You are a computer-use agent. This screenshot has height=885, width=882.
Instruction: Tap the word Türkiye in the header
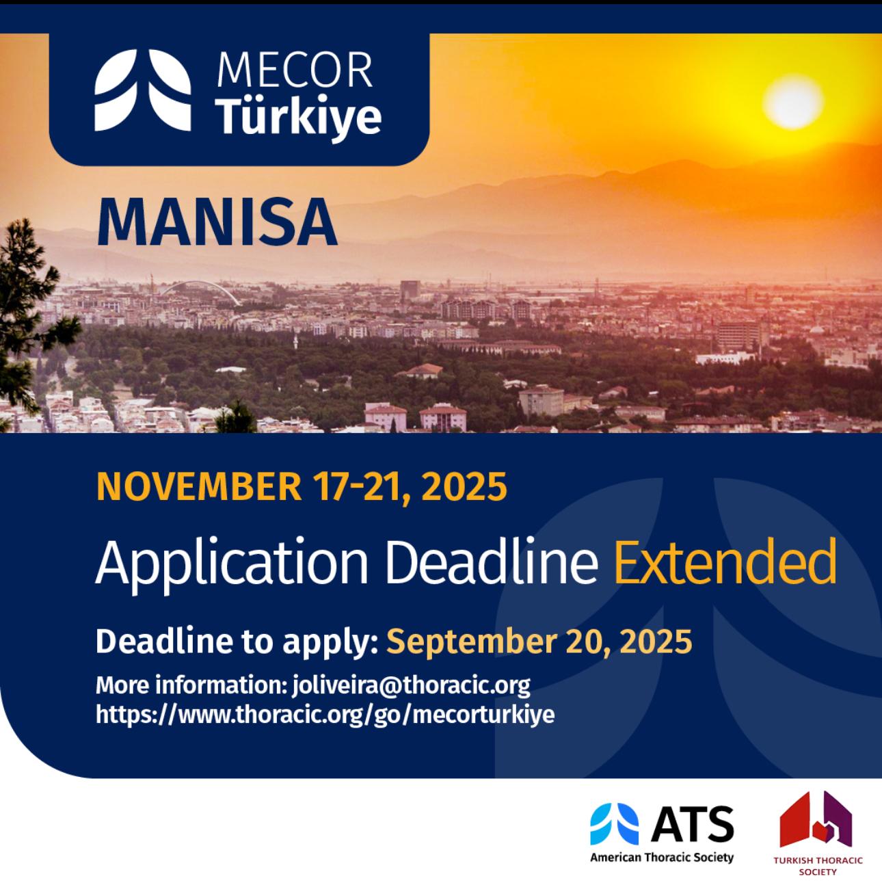click(x=299, y=116)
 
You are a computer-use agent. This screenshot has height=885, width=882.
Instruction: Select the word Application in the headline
click(x=232, y=563)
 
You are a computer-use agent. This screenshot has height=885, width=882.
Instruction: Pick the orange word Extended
click(x=725, y=563)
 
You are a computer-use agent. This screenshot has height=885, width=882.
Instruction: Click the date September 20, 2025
click(x=539, y=642)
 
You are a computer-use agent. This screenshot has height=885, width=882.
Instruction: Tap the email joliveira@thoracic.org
click(x=411, y=685)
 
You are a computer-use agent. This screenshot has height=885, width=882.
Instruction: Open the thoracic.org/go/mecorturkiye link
click(x=325, y=715)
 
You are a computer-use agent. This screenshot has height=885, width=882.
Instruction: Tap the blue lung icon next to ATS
click(x=614, y=823)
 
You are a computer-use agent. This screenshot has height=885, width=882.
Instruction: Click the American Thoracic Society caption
click(x=661, y=857)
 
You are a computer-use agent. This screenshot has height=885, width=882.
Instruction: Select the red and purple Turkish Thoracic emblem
click(x=816, y=819)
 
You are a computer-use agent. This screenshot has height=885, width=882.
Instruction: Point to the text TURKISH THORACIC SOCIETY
click(x=818, y=866)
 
